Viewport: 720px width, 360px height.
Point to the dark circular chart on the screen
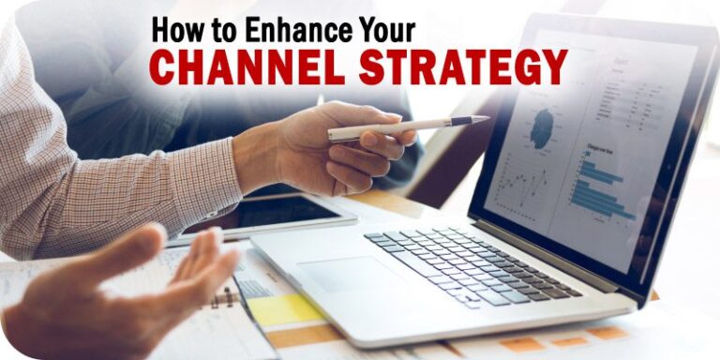[x=542, y=127]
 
